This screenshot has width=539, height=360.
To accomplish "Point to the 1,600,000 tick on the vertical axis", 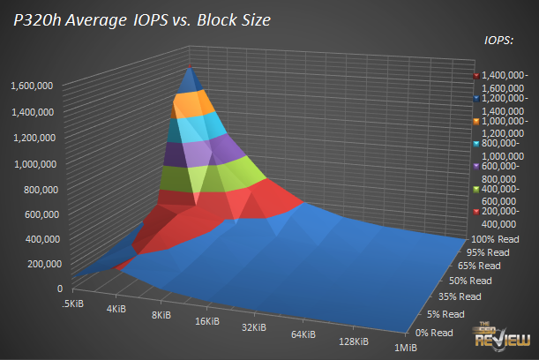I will point(32,86).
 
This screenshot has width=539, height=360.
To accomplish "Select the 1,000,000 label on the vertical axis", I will point(32,163).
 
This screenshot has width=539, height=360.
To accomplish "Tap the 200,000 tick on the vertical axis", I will point(37,263).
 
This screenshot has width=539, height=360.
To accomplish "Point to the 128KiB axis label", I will point(356,342).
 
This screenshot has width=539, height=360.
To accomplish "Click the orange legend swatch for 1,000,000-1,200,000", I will point(475,121).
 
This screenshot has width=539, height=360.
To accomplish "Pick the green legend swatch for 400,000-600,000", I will point(475,189).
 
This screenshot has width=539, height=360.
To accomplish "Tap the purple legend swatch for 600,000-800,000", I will point(475,167).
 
